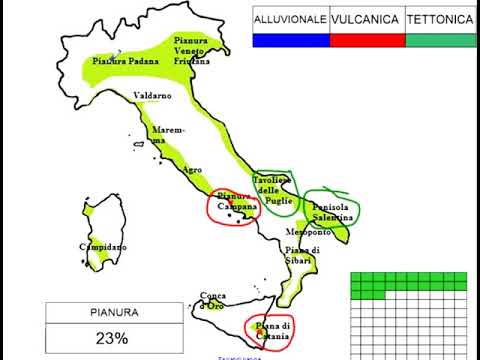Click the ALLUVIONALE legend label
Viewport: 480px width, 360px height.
click(x=290, y=19)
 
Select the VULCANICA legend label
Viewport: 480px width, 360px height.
click(x=366, y=19)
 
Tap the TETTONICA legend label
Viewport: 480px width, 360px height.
click(x=441, y=19)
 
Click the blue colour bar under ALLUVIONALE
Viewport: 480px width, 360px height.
click(x=290, y=40)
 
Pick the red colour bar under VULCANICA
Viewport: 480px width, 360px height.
click(x=366, y=40)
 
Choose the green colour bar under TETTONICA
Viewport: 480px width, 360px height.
click(x=441, y=40)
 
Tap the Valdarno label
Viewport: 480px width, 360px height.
click(x=152, y=96)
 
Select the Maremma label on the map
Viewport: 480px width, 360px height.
click(x=161, y=135)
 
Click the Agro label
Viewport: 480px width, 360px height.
click(x=192, y=169)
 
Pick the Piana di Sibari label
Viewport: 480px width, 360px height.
click(x=301, y=255)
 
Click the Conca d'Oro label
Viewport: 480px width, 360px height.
click(x=213, y=300)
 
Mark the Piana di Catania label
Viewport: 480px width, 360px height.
click(x=271, y=331)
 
